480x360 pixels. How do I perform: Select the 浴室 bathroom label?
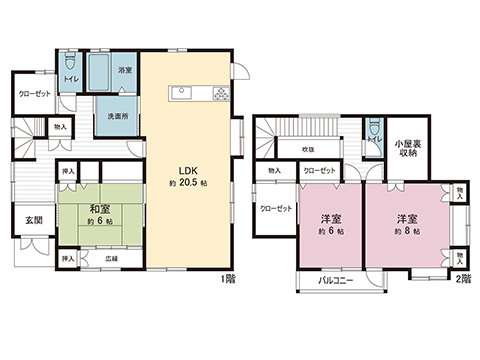coord(125,71)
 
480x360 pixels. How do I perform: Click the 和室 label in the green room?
coord(99,210)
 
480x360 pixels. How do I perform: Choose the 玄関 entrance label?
coord(33,221)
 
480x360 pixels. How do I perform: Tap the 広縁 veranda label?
coord(110,260)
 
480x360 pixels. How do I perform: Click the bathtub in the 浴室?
coord(102,72)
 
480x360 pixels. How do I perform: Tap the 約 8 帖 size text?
coord(406,231)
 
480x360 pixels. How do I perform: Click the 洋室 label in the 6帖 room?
coord(332,218)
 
